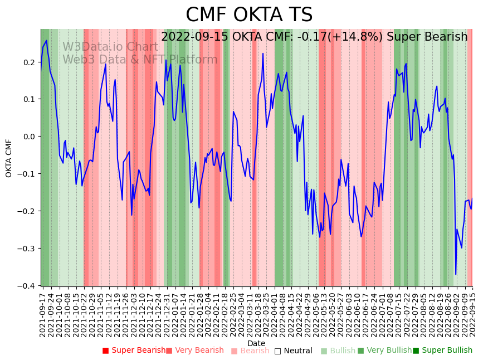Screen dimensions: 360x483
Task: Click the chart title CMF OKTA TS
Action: click(249, 15)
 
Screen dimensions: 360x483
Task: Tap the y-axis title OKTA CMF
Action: click(9, 158)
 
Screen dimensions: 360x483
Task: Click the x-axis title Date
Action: click(256, 343)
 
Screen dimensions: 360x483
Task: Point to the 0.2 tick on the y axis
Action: click(29, 62)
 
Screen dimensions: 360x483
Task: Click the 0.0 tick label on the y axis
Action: click(29, 137)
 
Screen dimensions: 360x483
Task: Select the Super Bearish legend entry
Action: click(134, 351)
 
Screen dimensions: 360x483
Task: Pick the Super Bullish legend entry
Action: click(442, 351)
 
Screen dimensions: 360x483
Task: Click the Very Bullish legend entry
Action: click(384, 351)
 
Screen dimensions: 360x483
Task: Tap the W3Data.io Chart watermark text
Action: click(110, 47)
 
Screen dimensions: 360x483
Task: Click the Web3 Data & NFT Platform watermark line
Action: click(140, 60)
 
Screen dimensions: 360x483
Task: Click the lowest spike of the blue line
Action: click(456, 274)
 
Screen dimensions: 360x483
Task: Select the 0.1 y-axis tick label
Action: click(29, 99)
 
